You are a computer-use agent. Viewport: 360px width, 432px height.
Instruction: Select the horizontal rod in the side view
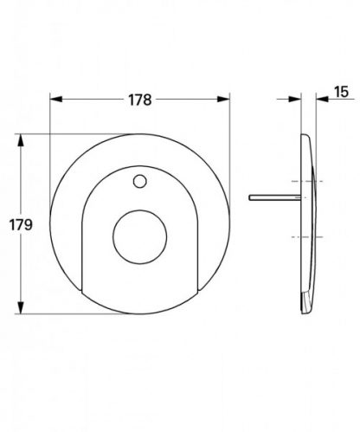(x=275, y=197)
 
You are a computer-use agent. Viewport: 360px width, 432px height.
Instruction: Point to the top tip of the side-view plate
(x=305, y=136)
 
